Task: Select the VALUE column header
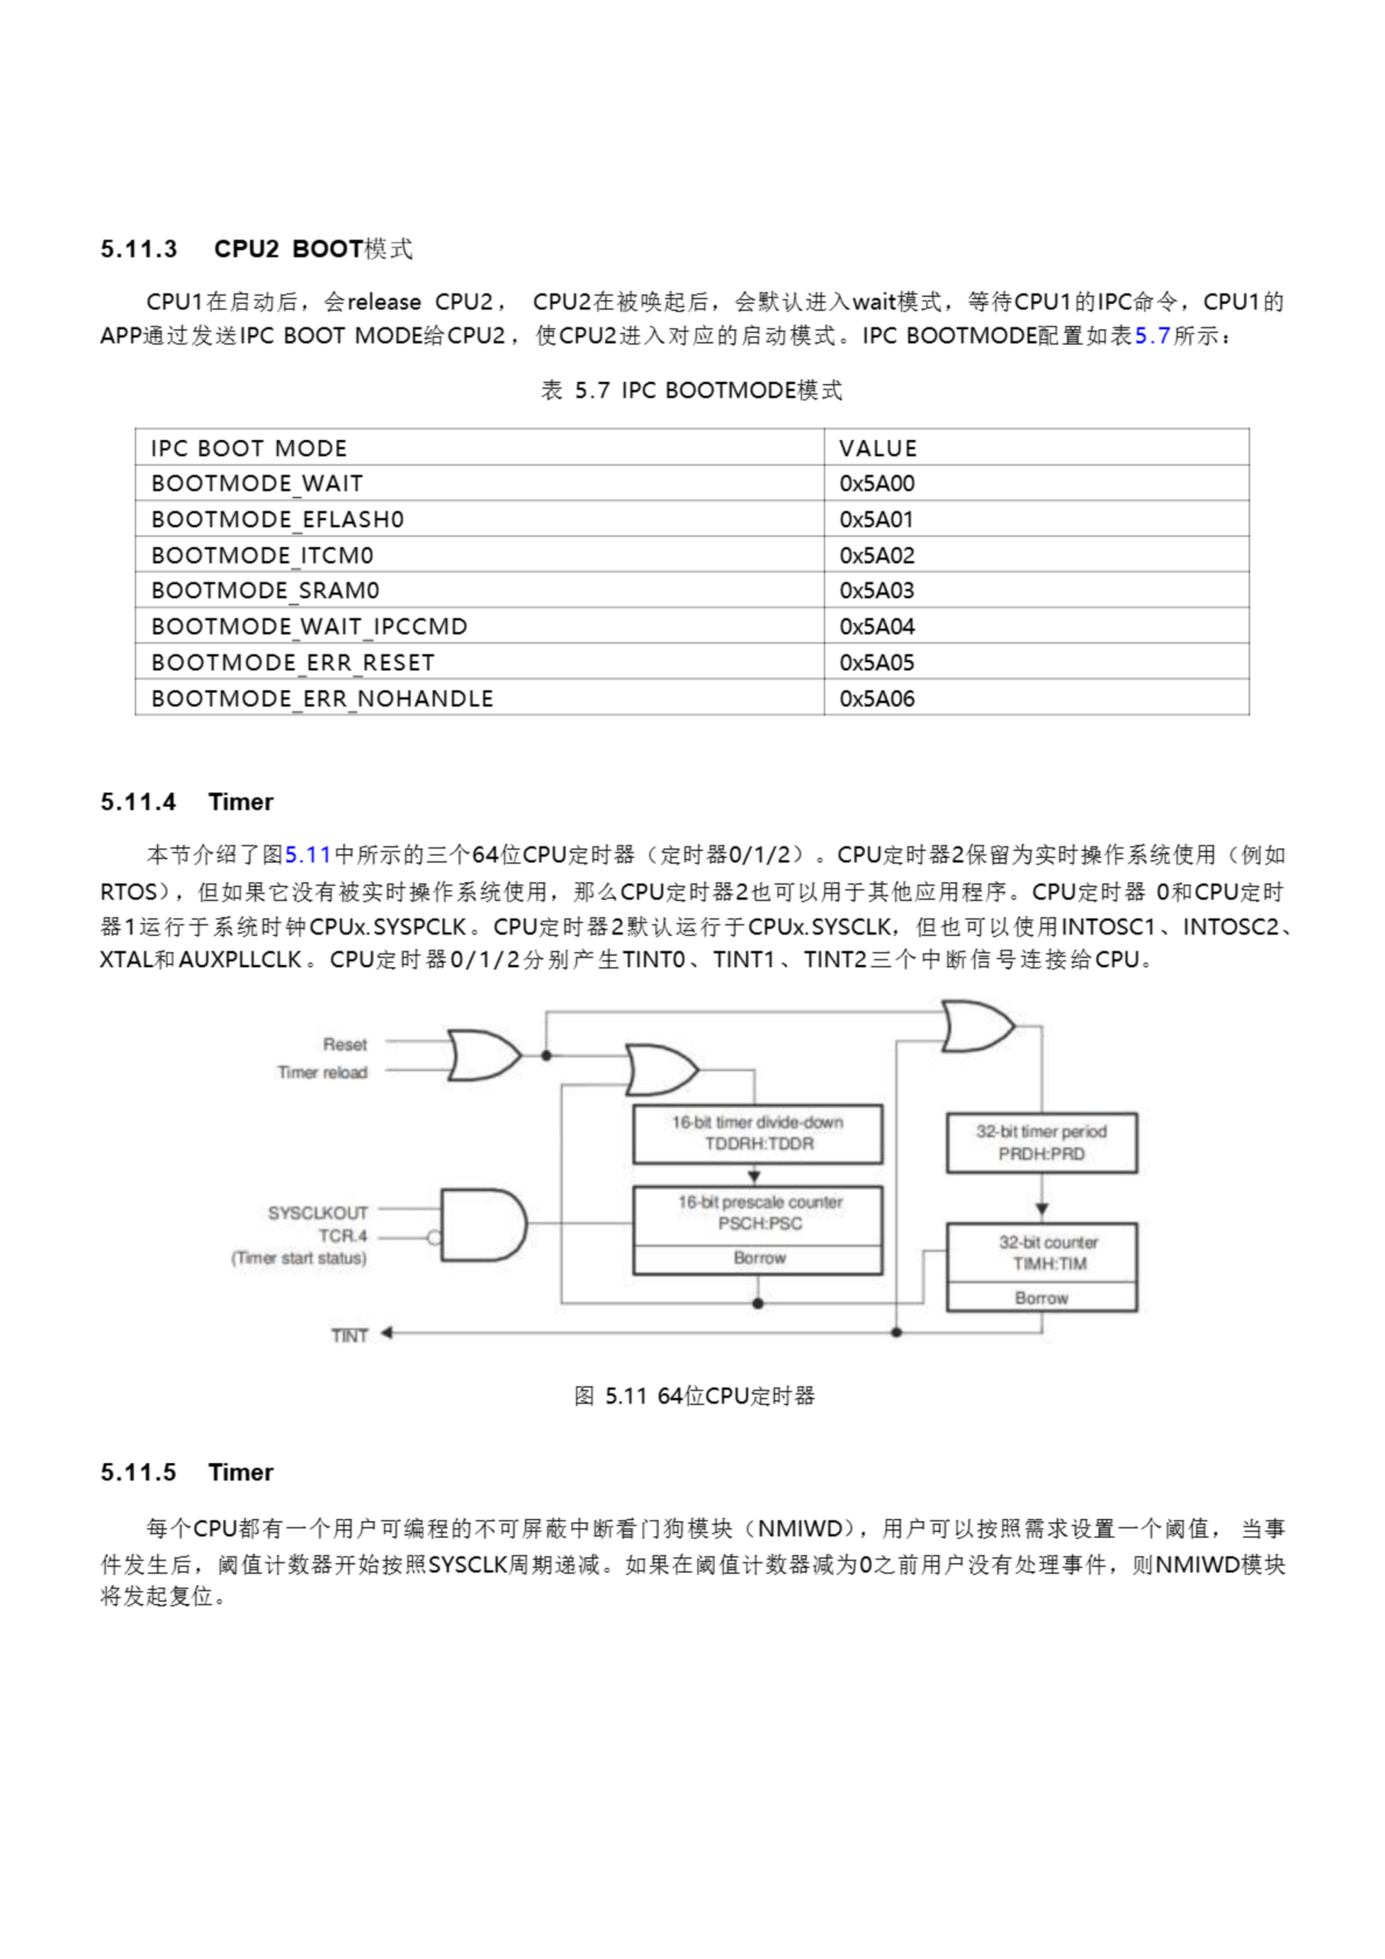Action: point(877,448)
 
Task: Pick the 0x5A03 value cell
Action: point(876,591)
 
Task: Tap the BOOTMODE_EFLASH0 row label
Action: point(277,519)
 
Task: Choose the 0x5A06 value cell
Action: point(876,699)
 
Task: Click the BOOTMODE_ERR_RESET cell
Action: point(293,662)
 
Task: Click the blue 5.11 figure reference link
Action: point(307,855)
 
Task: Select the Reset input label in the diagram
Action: point(345,1045)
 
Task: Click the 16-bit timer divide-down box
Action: point(757,1134)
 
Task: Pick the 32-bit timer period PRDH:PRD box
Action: point(1041,1142)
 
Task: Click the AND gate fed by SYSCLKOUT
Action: point(482,1225)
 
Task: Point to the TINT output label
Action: point(349,1335)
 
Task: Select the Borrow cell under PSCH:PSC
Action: point(758,1259)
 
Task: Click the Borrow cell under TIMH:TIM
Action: point(1041,1298)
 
